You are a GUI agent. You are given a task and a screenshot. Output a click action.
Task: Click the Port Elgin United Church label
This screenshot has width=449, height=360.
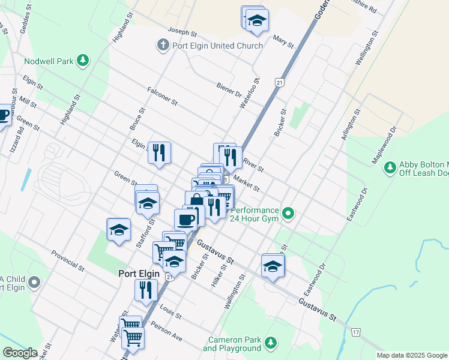[x=217, y=46]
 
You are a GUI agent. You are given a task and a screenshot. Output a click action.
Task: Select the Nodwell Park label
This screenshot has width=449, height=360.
[x=49, y=61]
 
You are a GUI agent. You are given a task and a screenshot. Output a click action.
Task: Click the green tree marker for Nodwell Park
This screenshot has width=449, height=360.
[x=83, y=61]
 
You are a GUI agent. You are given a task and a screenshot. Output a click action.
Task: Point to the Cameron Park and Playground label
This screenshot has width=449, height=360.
[x=232, y=344]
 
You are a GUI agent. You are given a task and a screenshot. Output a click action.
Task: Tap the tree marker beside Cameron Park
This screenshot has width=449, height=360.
[x=271, y=343]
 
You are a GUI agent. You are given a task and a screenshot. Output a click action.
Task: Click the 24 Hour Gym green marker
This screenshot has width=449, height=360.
[x=289, y=213]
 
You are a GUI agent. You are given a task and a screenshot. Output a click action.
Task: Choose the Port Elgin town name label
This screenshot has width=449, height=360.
[x=141, y=273]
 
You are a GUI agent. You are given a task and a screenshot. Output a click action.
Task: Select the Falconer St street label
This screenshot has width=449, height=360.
[x=162, y=95]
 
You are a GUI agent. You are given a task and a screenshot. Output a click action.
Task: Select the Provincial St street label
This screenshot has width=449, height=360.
[x=68, y=259]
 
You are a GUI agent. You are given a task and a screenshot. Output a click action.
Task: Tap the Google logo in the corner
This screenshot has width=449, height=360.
[x=20, y=353]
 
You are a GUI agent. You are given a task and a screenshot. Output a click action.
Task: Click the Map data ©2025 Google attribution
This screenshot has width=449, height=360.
[x=411, y=355]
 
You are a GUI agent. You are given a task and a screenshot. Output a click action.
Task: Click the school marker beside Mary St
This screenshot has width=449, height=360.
[x=258, y=22]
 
